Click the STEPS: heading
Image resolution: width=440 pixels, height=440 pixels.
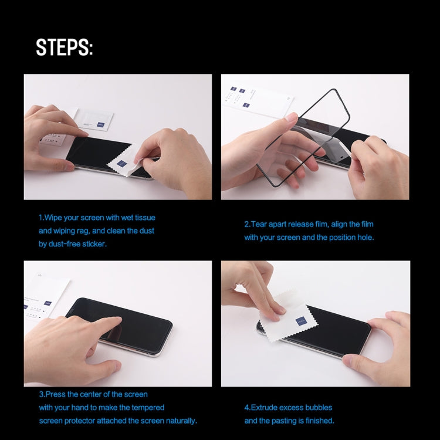pos(65,48)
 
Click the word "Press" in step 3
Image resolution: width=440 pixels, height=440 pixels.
pos(56,394)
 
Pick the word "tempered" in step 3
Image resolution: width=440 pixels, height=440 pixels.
pos(148,407)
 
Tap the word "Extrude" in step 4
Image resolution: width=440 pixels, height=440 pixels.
pos(266,407)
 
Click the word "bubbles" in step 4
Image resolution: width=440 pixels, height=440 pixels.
pos(319,407)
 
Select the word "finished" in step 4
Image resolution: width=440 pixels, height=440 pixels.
pos(319,421)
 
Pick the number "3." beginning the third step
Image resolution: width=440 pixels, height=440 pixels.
pos(42,394)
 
